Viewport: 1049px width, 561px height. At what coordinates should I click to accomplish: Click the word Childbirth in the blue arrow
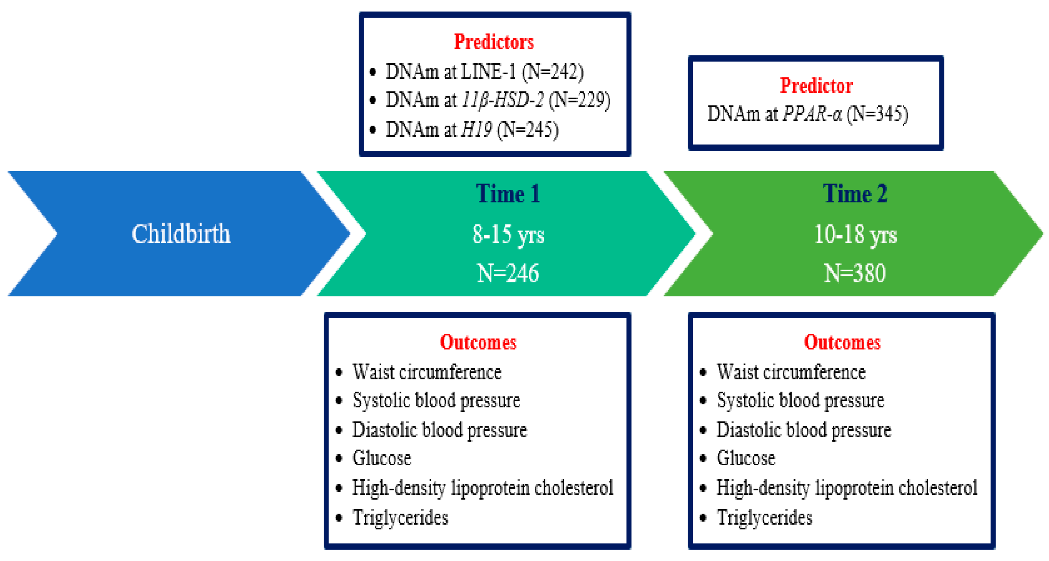[181, 234]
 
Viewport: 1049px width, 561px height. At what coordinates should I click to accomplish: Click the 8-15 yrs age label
[508, 235]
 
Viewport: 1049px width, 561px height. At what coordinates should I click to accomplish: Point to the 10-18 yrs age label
[855, 235]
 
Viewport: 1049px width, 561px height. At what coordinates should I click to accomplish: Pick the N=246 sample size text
[508, 273]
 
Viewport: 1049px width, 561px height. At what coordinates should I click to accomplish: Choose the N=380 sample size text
[855, 273]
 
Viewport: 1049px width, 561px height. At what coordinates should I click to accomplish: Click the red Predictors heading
[493, 42]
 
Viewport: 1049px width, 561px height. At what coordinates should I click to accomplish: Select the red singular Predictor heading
[816, 86]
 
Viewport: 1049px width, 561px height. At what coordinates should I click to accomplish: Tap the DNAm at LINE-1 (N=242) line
[485, 72]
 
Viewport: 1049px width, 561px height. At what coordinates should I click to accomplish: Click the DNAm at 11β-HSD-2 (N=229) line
[498, 100]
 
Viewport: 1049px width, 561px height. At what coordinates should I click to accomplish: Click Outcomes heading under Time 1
[478, 342]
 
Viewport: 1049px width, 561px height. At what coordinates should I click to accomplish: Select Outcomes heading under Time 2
[842, 342]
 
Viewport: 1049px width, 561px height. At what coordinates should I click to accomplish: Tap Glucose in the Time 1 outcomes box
[382, 458]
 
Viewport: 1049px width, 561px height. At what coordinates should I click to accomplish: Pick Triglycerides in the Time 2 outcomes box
[764, 518]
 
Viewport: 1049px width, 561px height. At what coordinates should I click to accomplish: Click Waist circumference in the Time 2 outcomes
[791, 372]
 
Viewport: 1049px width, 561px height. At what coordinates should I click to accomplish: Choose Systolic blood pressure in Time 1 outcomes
[436, 401]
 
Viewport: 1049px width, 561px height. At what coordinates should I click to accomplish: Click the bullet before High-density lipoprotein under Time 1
[339, 488]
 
